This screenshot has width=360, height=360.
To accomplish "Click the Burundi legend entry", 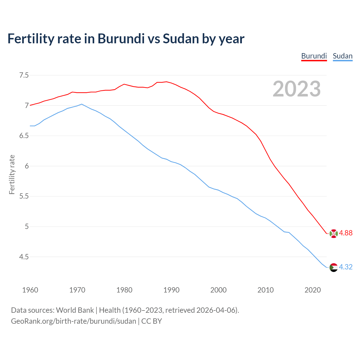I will click(x=314, y=56).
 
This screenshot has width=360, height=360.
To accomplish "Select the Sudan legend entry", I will click(x=343, y=56).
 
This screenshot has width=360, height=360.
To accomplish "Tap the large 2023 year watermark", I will click(x=296, y=89).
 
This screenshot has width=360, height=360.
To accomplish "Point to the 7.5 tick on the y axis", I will click(x=24, y=75).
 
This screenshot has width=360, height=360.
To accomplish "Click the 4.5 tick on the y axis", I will click(x=24, y=257).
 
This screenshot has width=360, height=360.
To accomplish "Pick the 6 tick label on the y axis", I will click(x=27, y=166).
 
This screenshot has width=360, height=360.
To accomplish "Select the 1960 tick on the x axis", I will click(x=30, y=290).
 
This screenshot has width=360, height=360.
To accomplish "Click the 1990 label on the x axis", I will click(x=171, y=290).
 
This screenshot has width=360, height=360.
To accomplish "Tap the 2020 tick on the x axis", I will click(x=312, y=290).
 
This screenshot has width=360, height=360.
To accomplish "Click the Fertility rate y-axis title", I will click(x=12, y=174).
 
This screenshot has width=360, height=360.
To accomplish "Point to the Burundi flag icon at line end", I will click(x=333, y=233).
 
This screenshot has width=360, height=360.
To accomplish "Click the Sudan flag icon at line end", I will click(x=333, y=267).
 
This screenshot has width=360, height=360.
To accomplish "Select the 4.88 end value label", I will click(x=346, y=233).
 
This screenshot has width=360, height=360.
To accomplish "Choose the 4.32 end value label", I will click(x=346, y=267).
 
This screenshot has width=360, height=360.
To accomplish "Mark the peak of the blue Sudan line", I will click(x=82, y=104).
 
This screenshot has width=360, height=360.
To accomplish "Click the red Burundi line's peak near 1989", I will click(x=166, y=82).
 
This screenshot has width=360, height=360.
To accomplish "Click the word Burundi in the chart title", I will click(x=121, y=39).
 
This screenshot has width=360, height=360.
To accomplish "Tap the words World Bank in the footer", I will click(x=75, y=310).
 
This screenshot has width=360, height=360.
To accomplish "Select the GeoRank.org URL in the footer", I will click(x=73, y=321).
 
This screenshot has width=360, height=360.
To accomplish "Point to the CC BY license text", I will click(x=152, y=321).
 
